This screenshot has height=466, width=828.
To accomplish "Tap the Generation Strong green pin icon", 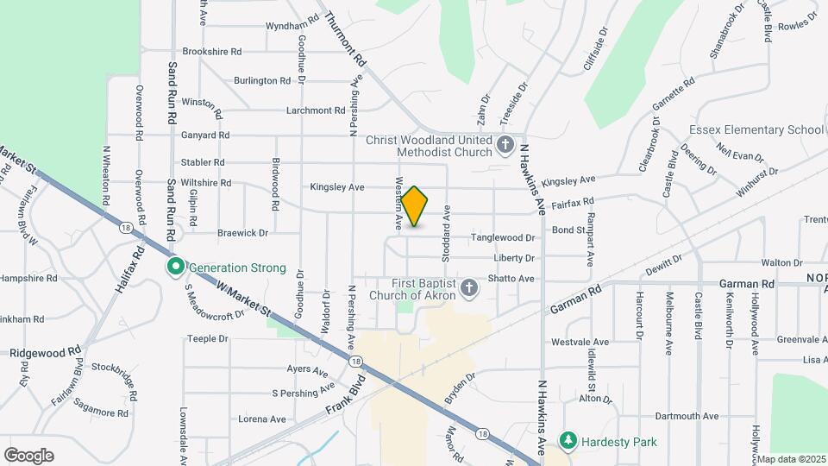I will coord(175,267).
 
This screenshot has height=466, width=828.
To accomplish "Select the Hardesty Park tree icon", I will coord(568,441).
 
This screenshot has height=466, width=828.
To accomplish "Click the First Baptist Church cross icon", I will coord(469,287).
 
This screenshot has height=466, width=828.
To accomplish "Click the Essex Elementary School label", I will coord(756,130).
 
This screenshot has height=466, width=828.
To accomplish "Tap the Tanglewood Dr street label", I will coord(503,237).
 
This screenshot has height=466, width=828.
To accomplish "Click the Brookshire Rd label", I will coord(211,52).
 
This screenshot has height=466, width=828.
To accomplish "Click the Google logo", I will coord(28,455).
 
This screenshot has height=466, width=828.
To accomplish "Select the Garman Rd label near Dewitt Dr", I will coord(746,283).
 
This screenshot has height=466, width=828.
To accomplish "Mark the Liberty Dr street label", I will coord(515,258).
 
